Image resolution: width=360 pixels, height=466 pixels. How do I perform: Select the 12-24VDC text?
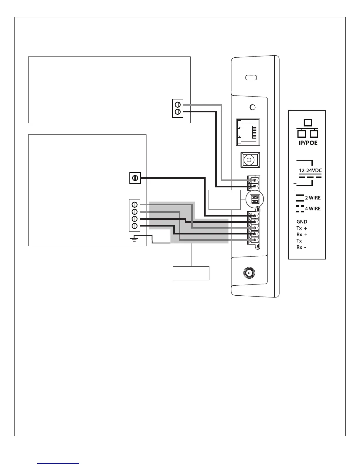[x=310, y=170]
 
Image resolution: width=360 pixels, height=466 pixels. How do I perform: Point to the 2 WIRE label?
[x=313, y=198]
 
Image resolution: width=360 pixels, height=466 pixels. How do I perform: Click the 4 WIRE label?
[x=313, y=209]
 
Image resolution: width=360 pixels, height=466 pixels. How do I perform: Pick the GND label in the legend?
[x=302, y=222]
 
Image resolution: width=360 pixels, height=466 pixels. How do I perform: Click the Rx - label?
[x=301, y=247]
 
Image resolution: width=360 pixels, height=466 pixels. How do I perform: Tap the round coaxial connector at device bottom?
[x=249, y=273]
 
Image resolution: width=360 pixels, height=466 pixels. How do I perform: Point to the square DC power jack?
[x=250, y=160]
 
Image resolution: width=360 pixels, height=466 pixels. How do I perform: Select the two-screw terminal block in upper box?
[x=177, y=108]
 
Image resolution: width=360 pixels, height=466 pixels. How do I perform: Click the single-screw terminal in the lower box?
[x=135, y=178]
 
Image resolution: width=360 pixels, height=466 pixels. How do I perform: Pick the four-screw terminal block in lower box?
[x=135, y=215]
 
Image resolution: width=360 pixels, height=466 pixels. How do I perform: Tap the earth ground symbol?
[x=134, y=239]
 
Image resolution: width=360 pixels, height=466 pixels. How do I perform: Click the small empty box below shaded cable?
[x=191, y=273]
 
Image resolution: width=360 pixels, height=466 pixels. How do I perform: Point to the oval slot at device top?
[x=251, y=78]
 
